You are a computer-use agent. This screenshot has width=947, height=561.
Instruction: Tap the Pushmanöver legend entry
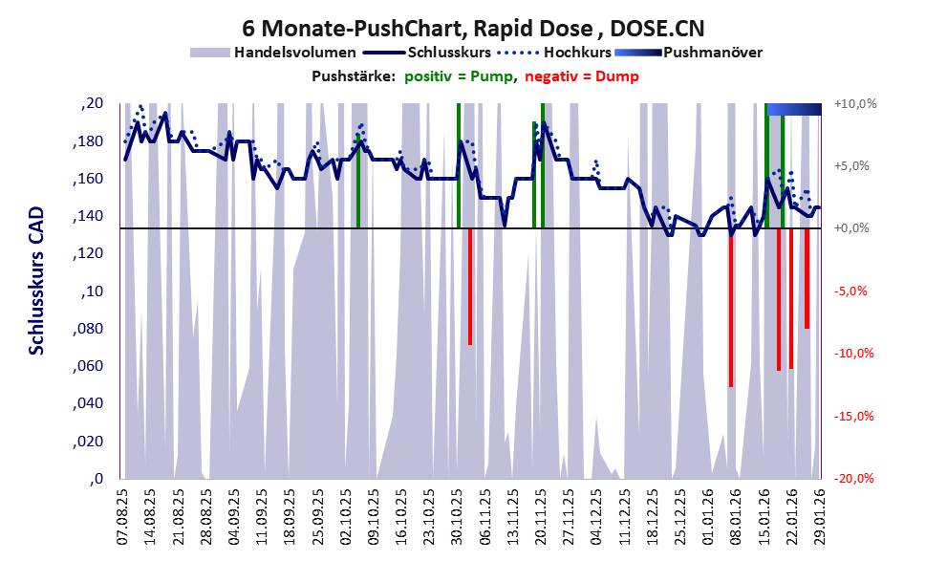[x=711, y=53]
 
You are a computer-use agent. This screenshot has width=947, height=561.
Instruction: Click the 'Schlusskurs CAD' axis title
[x=36, y=291]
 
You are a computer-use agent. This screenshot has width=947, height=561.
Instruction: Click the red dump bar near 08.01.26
[x=731, y=308]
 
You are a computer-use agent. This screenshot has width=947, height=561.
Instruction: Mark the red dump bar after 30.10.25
[x=470, y=287]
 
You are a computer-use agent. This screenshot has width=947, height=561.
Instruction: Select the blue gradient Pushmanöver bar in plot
[x=795, y=109]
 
